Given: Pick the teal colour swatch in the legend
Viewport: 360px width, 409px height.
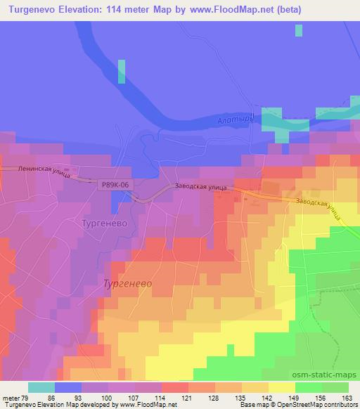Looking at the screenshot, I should (41, 387).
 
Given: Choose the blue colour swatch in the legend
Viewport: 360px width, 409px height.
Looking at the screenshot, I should (68, 387).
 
